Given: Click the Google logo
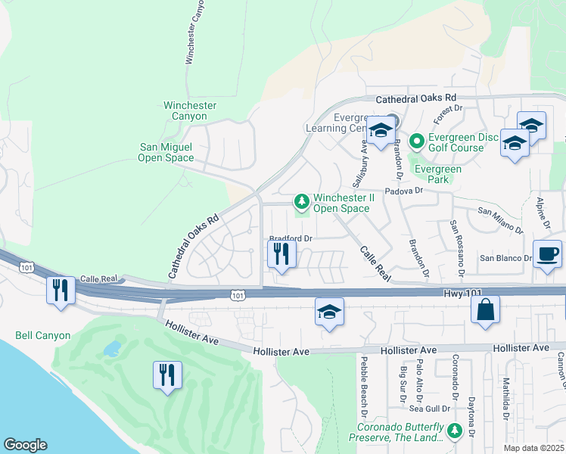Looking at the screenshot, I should pos(25,445).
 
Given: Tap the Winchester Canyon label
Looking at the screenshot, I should pos(189,111).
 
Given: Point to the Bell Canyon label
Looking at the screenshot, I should pos(43,335).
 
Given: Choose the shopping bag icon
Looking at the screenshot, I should pos(484,310).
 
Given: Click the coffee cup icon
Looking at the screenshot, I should pos(547,254).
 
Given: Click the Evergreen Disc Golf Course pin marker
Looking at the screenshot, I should pos(416,141).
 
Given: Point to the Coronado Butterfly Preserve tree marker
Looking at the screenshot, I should pos(454,431).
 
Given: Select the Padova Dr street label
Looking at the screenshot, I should pos(407,191).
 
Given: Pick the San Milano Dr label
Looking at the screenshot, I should pos(500,219).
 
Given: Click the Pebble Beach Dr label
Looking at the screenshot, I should pos(364,387).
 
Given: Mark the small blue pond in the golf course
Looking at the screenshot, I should pos(113,348).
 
